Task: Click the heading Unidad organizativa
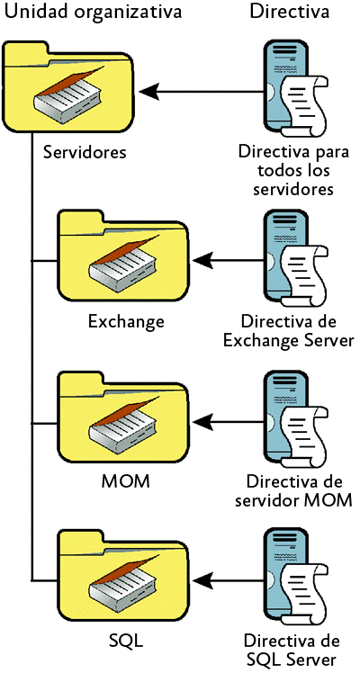pyautogui.click(x=94, y=12)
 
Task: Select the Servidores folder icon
pyautogui.click(x=67, y=87)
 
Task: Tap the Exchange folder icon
pyautogui.click(x=123, y=255)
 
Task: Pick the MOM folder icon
pyautogui.click(x=123, y=417)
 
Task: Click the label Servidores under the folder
pyautogui.click(x=85, y=152)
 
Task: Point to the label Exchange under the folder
pyautogui.click(x=126, y=320)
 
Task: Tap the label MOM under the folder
pyautogui.click(x=126, y=482)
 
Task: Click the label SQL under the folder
pyautogui.click(x=126, y=642)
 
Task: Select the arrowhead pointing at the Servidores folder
pyautogui.click(x=149, y=92)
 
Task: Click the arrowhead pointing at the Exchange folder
pyautogui.click(x=204, y=260)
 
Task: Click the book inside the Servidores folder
pyautogui.click(x=68, y=95)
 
